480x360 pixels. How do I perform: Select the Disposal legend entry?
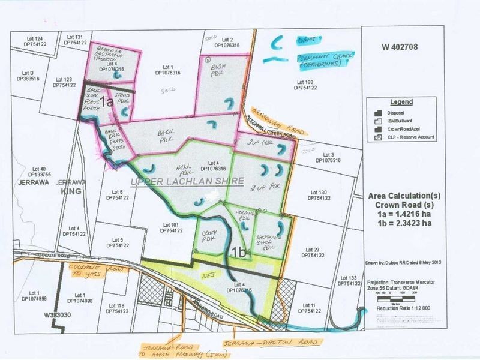pos(399,112)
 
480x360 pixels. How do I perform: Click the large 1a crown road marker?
pos(107,102)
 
